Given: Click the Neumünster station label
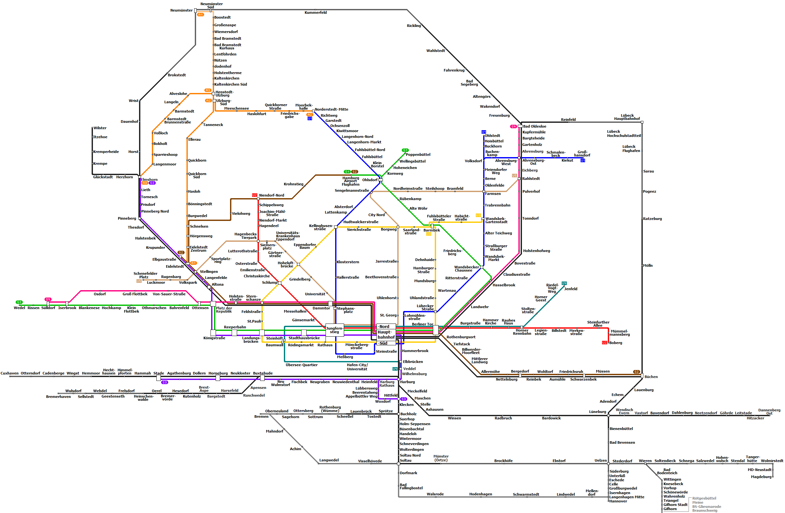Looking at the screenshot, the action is (181, 10).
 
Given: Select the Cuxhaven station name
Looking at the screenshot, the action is (10, 373).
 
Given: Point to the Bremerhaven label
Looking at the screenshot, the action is (58, 397).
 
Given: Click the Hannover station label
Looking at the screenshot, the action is (618, 501).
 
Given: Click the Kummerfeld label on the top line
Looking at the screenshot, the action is (316, 13).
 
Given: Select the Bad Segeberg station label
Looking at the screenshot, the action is (469, 83).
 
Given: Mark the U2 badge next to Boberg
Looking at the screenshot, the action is (604, 343).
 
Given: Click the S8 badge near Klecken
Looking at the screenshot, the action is (404, 399).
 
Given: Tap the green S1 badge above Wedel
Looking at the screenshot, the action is (19, 302).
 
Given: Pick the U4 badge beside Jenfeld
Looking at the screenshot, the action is (564, 283).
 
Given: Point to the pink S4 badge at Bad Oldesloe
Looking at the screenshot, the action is (514, 126).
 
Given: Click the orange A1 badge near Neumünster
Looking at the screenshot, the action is (201, 14).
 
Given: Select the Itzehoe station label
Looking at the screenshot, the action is (100, 137).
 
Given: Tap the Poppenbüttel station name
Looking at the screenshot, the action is (418, 155).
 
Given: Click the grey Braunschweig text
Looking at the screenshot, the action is (705, 510).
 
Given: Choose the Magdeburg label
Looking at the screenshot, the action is (761, 477).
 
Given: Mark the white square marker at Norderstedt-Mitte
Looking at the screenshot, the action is (313, 111).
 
